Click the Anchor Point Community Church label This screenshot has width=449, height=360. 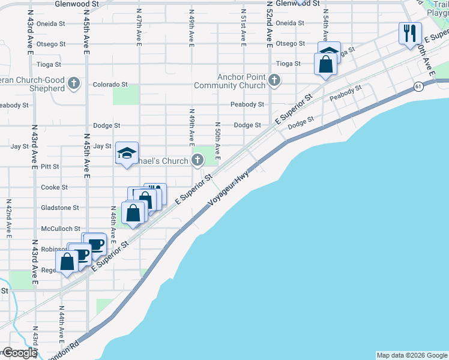(241, 81)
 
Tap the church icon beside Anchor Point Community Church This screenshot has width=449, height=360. (274, 80)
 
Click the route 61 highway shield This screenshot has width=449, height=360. (417, 88)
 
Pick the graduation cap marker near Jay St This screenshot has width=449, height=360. (127, 154)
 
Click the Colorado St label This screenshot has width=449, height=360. (110, 85)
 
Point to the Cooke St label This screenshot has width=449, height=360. (54, 187)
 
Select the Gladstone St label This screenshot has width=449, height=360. (60, 208)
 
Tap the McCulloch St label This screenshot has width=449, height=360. (60, 229)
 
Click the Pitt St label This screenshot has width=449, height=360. (50, 166)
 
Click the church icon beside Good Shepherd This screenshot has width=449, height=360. (74, 83)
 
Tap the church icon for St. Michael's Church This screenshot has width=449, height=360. (197, 160)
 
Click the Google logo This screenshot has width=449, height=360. (19, 353)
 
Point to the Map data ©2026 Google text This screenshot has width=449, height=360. (412, 355)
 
